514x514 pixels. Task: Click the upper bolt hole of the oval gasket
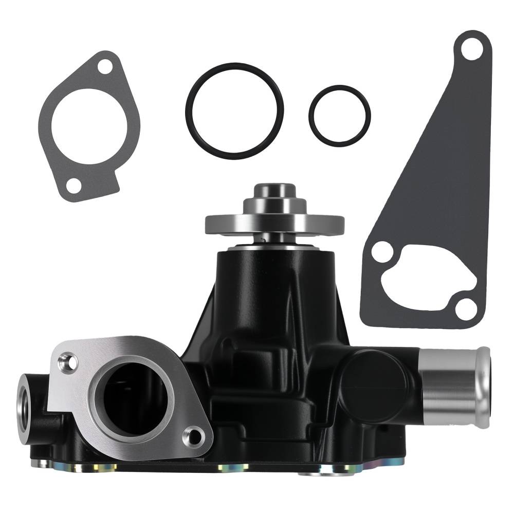[x=105, y=66]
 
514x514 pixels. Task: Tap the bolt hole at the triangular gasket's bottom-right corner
[x=466, y=309]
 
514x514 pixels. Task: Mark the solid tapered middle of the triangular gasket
[x=442, y=170]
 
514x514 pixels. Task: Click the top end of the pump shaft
[x=274, y=190]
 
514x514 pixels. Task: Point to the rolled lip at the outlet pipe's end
[x=483, y=386]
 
